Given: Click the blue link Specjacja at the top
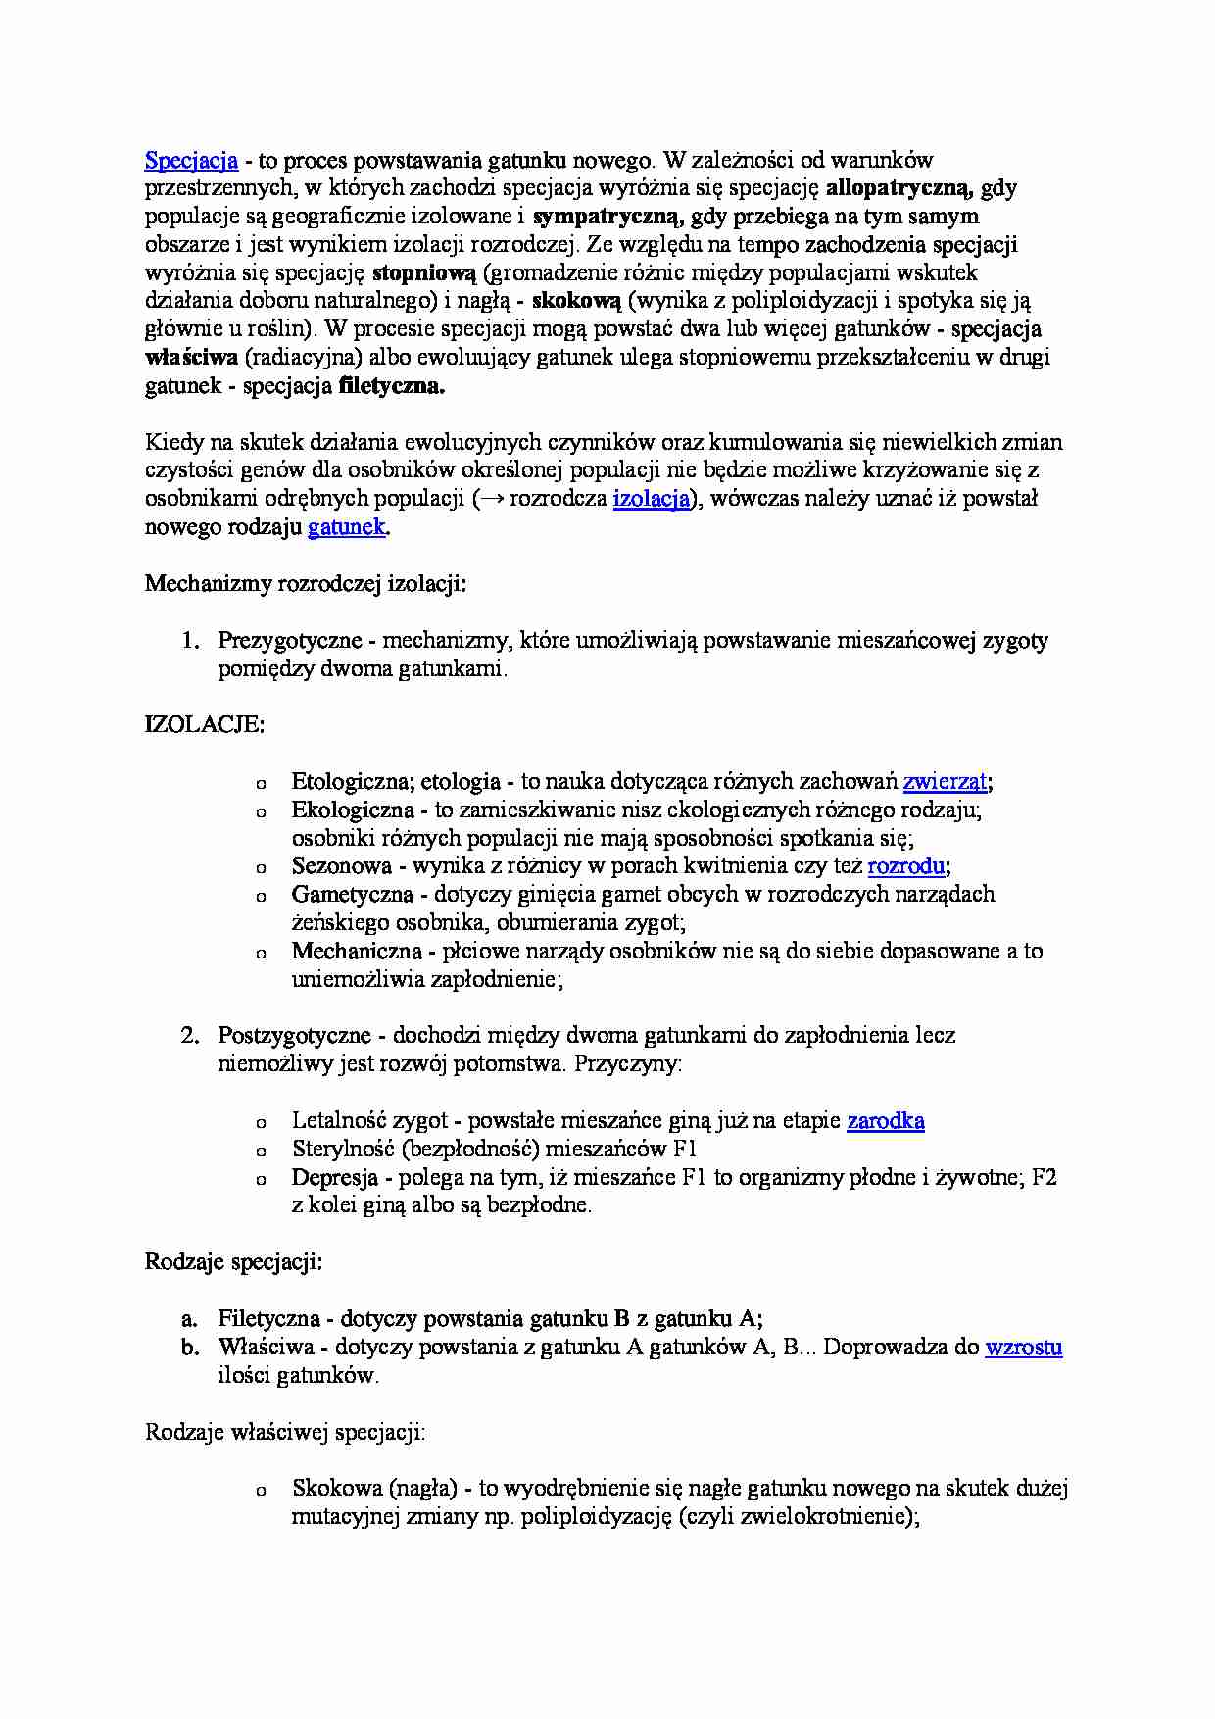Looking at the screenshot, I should pyautogui.click(x=191, y=160).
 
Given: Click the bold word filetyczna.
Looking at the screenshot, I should pyautogui.click(x=391, y=386).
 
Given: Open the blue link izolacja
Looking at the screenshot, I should pyautogui.click(x=652, y=499).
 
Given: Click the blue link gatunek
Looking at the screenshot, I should pyautogui.click(x=347, y=527).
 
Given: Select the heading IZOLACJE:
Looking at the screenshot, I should pyautogui.click(x=204, y=725).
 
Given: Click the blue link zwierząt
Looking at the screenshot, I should pyautogui.click(x=945, y=782).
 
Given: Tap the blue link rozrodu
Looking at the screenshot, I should pyautogui.click(x=906, y=866).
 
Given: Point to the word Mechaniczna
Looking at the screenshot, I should pyautogui.click(x=357, y=952).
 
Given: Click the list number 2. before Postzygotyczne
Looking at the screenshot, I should pyautogui.click(x=190, y=1036).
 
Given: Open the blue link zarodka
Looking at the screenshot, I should pyautogui.click(x=885, y=1121).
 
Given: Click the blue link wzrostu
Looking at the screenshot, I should pyautogui.click(x=1023, y=1348).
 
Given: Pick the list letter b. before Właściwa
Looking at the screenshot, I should pyautogui.click(x=190, y=1348).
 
